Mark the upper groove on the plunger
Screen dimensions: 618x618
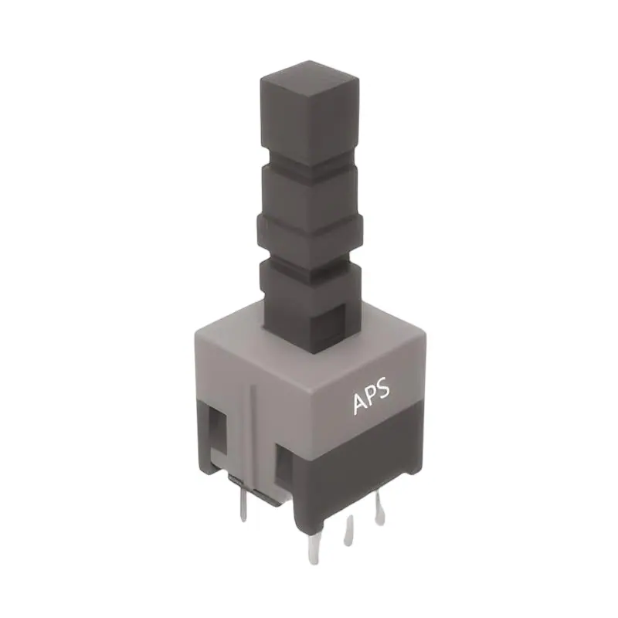click(310, 165)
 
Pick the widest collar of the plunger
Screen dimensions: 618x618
click(310, 232)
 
